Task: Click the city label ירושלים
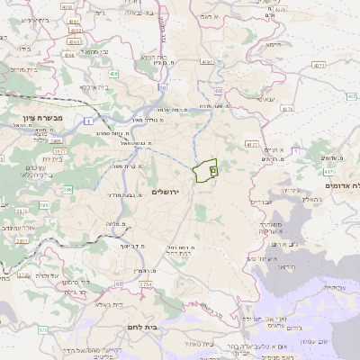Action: [x=167, y=192]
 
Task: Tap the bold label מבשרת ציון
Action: [x=36, y=118]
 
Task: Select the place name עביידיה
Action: [x=332, y=287]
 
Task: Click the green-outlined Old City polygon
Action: [x=205, y=169]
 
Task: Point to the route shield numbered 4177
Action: [x=251, y=144]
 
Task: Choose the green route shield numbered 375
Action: [x=42, y=329]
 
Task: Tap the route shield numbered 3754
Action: [x=145, y=283]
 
